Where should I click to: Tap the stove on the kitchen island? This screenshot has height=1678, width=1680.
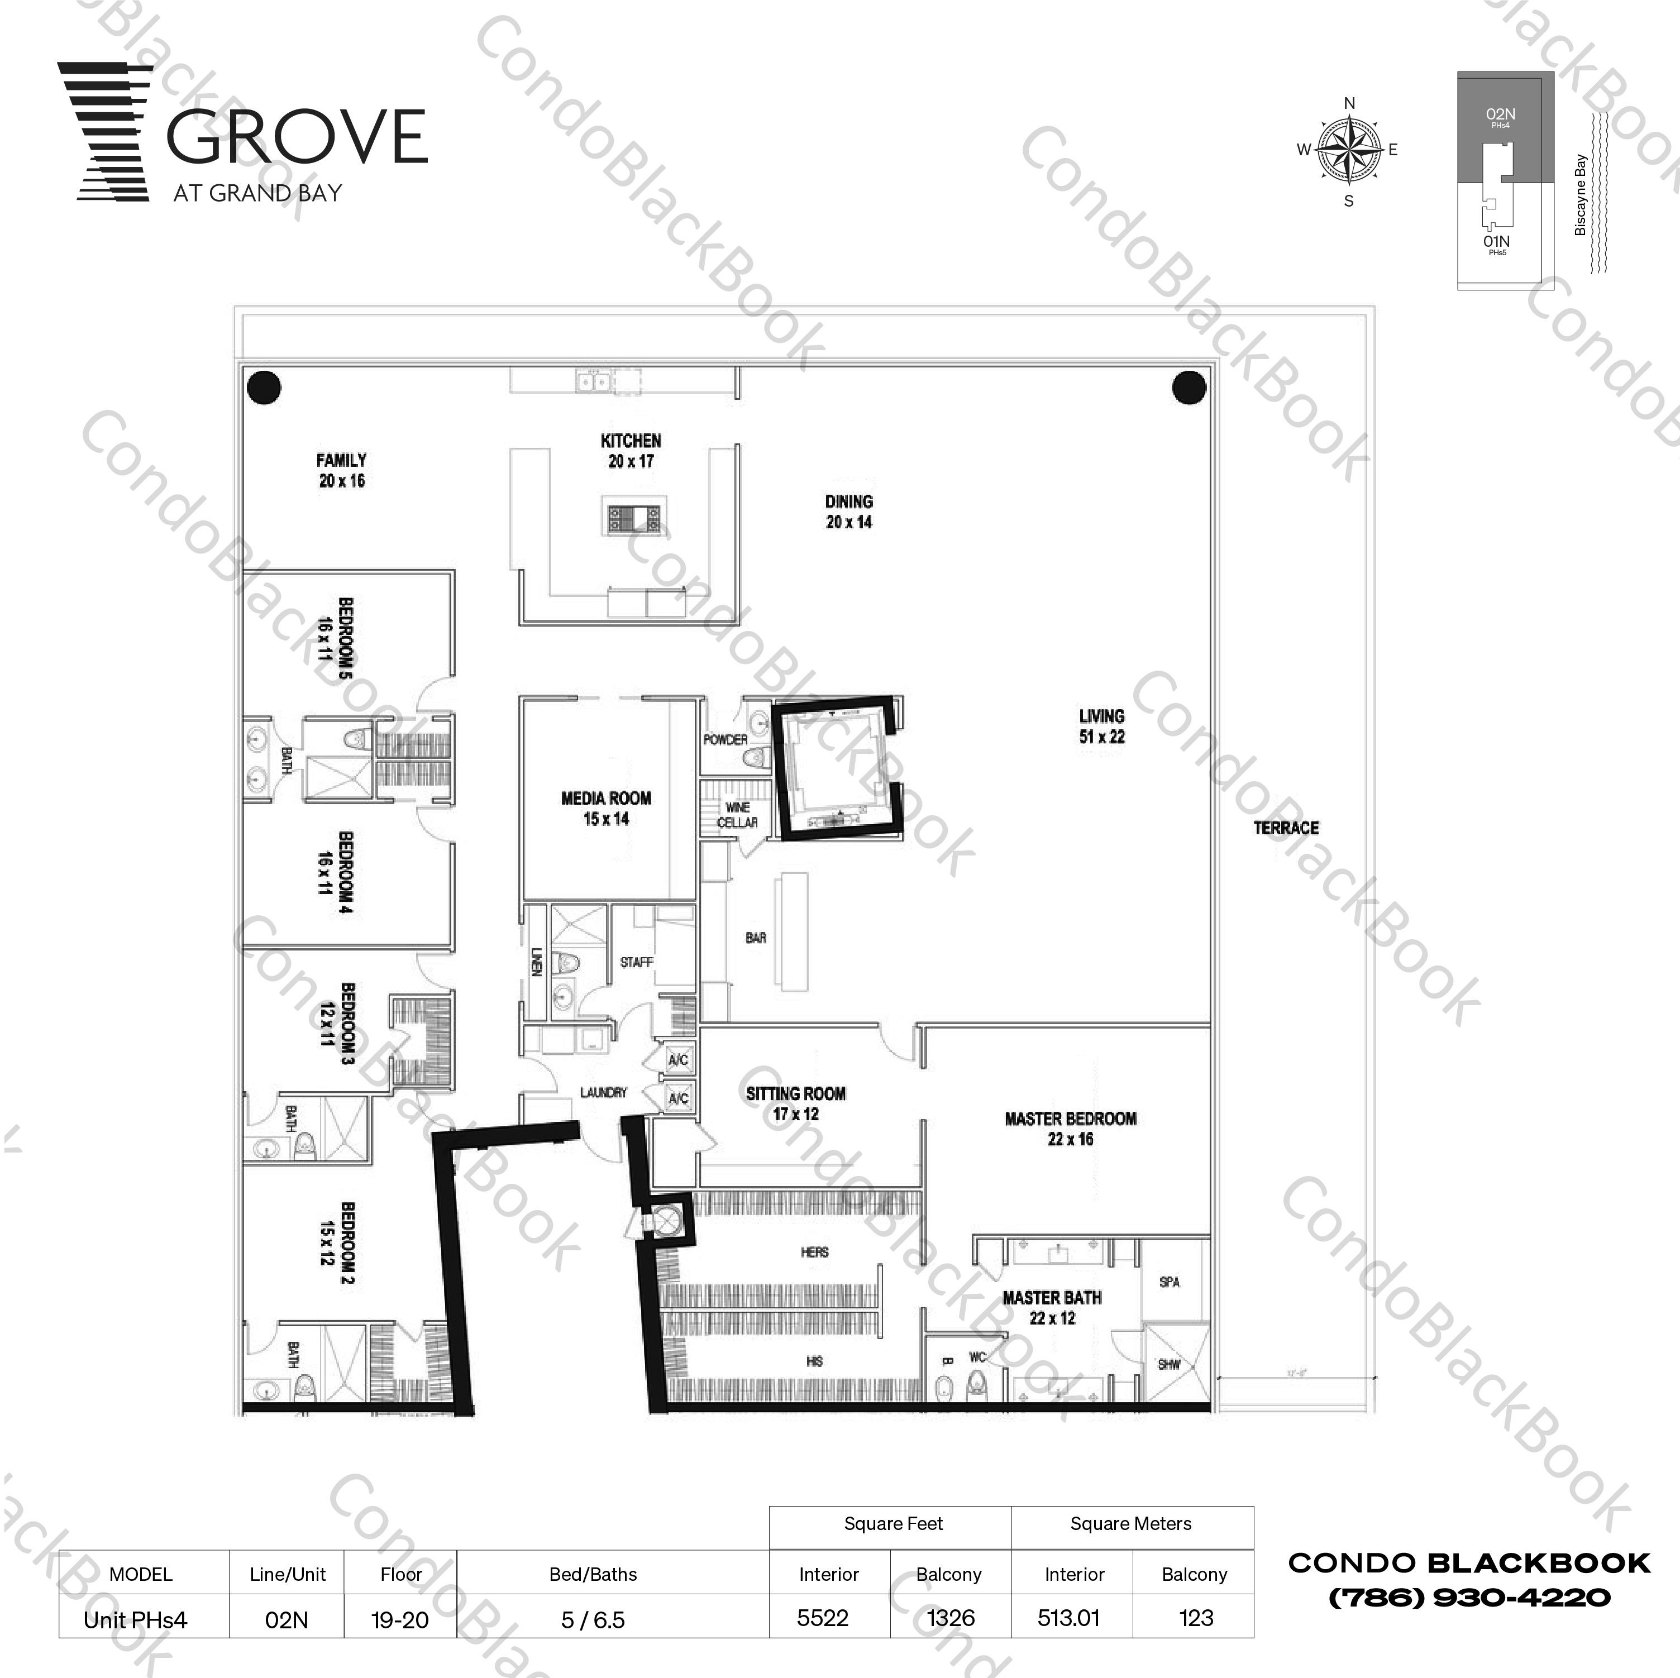[x=633, y=518]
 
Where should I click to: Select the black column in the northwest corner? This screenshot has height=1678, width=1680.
[x=264, y=387]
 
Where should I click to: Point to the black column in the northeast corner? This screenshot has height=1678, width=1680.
[x=1188, y=387]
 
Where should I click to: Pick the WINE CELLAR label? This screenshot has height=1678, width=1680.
[x=737, y=815]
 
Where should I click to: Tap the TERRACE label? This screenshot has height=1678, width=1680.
[x=1285, y=828]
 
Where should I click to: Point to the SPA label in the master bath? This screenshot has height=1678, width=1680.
[x=1169, y=1282]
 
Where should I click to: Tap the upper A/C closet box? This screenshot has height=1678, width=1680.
[x=678, y=1059]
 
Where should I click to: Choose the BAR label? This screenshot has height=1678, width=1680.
[x=756, y=937]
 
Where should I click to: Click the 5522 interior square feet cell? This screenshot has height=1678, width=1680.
[x=823, y=1618]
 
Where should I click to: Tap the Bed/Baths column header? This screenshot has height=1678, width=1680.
[x=593, y=1575]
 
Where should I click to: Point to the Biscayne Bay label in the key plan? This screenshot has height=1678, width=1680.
[x=1580, y=195]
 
